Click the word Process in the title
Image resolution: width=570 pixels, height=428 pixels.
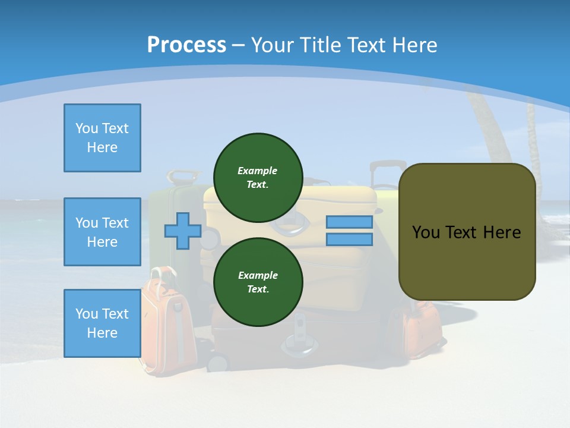[186, 45]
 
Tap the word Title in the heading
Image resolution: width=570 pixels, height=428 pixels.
[321, 45]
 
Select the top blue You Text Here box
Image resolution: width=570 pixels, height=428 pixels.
[102, 138]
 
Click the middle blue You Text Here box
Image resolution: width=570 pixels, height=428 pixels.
[102, 232]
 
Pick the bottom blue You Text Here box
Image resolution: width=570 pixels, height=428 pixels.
[102, 323]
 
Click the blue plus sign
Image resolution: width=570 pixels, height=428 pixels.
[183, 231]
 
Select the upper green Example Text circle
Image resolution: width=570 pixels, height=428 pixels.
[258, 177]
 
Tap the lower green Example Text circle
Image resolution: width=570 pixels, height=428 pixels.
[258, 282]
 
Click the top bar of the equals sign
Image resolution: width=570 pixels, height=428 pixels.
[349, 222]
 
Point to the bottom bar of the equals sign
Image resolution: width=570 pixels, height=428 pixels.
[349, 240]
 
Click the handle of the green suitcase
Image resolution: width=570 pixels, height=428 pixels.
[182, 176]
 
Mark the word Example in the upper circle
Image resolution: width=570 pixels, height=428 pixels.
[258, 171]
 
